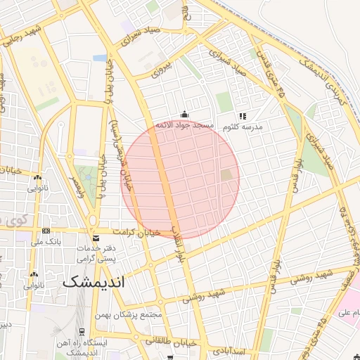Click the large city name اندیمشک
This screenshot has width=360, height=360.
92,282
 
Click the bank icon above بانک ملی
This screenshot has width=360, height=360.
46,231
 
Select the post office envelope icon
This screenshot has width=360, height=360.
94,238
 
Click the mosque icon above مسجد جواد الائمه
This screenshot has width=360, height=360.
184,114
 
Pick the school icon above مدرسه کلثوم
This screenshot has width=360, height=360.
243,116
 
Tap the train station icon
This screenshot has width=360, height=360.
82,332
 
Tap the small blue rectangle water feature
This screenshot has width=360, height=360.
100,58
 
